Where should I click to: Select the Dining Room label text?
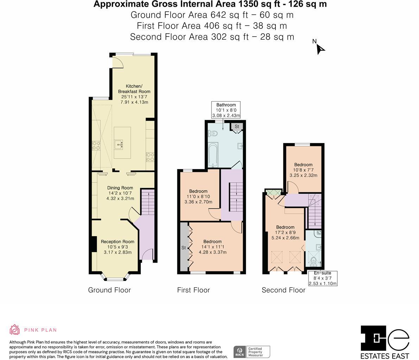point(120,188)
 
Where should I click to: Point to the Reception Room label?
point(118,242)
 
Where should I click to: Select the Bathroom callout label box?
point(226,110)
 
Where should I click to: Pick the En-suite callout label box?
point(322,278)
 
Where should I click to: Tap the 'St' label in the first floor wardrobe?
point(183,248)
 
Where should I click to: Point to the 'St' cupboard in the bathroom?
point(237,127)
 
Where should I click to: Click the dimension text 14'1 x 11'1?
point(212,247)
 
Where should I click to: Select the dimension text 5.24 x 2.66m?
point(285,238)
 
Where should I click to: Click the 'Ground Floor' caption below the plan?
point(109,290)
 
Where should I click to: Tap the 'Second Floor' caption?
point(284,290)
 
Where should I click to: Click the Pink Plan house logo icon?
point(15,330)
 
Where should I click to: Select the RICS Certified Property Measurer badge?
point(252,352)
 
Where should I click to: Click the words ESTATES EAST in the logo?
point(385,356)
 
